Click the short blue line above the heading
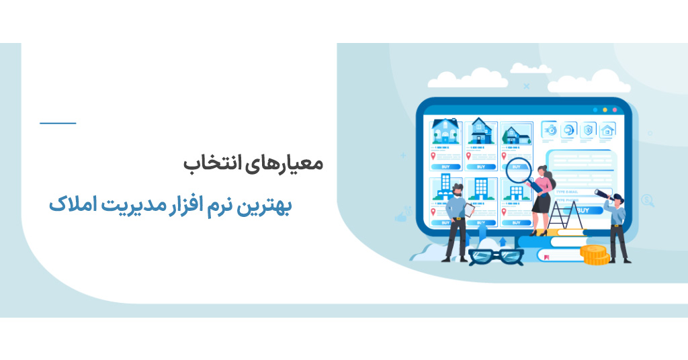(x=58, y=123)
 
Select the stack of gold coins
(x=595, y=255)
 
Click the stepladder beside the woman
(x=563, y=214)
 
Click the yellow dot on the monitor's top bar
(x=605, y=109)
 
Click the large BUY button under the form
(x=585, y=210)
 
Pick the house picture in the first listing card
(x=445, y=130)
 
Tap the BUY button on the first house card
(x=445, y=166)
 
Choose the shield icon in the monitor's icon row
(x=589, y=130)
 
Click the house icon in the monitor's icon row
(x=607, y=130)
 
